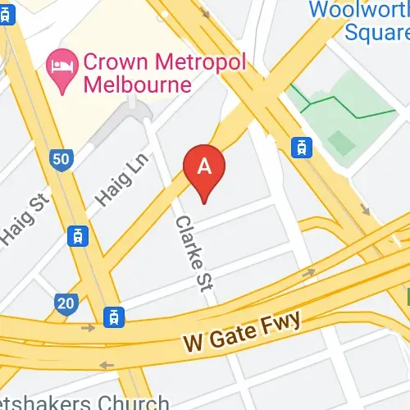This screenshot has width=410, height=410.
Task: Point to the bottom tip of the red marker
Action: [205, 201]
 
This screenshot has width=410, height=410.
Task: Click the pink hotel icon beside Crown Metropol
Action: [59, 62]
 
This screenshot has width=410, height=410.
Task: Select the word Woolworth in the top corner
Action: [358, 11]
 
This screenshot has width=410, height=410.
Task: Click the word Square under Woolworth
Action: [376, 32]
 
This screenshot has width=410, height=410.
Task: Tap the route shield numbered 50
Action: [61, 160]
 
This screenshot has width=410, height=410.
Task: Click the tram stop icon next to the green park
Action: [302, 147]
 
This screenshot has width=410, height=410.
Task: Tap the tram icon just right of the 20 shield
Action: [112, 316]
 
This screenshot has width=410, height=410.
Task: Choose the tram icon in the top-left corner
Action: [7, 16]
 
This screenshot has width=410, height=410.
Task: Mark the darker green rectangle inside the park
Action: [342, 143]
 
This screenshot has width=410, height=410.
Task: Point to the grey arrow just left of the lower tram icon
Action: [89, 328]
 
